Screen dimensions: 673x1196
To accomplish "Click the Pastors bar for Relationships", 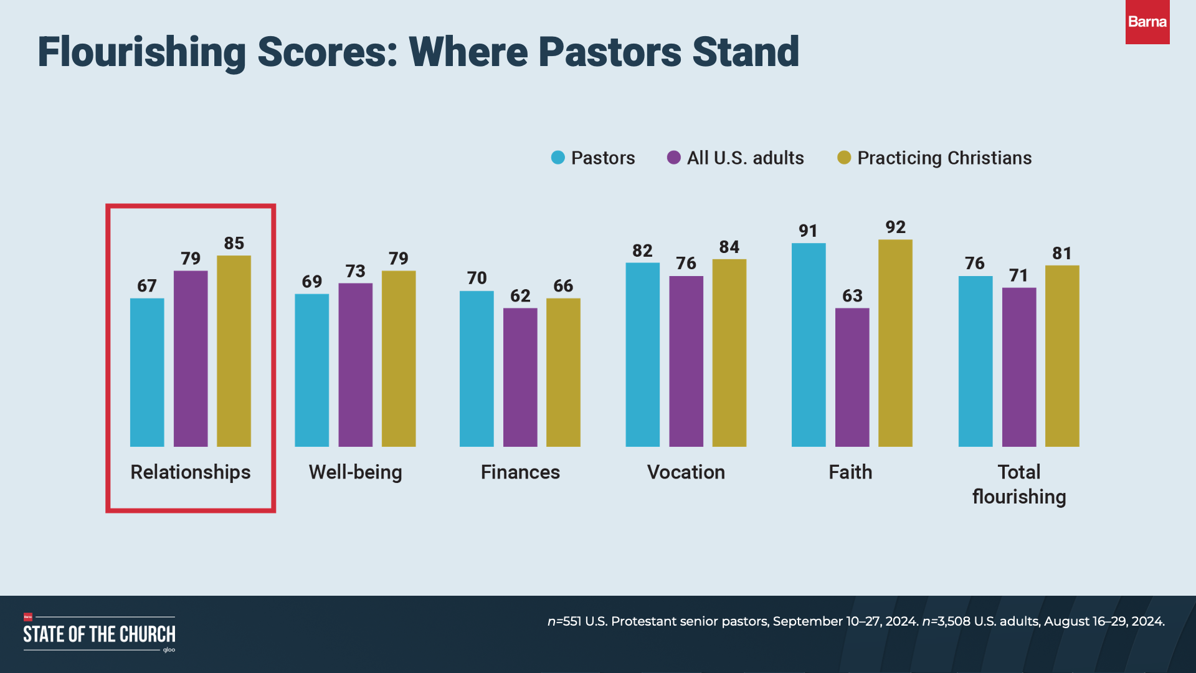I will (147, 372).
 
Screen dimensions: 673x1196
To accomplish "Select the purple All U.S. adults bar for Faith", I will (852, 377).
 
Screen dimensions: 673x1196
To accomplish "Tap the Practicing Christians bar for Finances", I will (563, 372).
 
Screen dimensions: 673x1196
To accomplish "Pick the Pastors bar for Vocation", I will (642, 355).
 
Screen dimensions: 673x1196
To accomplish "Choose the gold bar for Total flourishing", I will (1062, 356).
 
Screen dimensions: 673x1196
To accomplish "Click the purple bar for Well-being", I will (355, 365).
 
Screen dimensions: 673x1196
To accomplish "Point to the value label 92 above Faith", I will (895, 227).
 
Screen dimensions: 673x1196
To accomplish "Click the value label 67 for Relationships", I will (147, 286).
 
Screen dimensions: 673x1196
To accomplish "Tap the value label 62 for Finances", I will (520, 296).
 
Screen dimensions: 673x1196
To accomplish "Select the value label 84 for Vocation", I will (729, 247).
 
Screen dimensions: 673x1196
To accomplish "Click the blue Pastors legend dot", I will (558, 158).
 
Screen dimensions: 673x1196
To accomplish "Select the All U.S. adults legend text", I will (745, 158).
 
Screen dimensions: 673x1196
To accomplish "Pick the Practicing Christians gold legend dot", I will (844, 158).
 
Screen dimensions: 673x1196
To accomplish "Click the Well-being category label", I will (355, 472).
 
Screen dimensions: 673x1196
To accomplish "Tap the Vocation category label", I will (686, 472).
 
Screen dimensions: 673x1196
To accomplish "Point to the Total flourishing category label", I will (1019, 484).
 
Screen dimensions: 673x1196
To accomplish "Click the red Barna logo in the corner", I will (1147, 22).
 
